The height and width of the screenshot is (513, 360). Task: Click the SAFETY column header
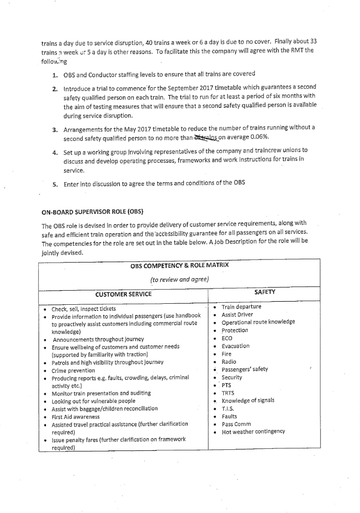(264, 292)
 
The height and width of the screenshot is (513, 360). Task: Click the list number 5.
(55, 184)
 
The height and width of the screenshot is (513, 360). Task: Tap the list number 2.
(55, 87)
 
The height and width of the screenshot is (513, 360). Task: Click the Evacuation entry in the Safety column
(235, 345)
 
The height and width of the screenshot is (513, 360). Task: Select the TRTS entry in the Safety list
(228, 392)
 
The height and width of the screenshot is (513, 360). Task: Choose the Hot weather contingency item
(253, 432)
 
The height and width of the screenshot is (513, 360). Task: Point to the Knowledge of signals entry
(248, 400)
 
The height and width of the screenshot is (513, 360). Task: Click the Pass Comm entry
(236, 424)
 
